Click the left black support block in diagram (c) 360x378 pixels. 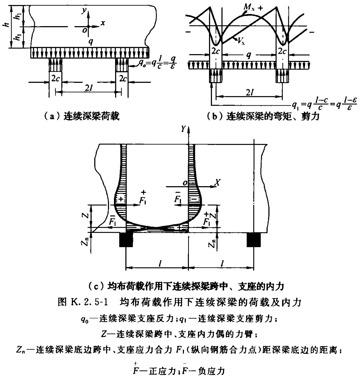click(126, 240)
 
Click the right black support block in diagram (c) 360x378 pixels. click(254, 240)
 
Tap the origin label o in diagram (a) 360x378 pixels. click(84, 30)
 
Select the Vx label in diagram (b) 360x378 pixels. click(241, 41)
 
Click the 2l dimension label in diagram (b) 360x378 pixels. click(249, 92)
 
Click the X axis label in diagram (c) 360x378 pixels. click(218, 183)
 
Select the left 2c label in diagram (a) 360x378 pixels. click(56, 79)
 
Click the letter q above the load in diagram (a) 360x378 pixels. click(90, 42)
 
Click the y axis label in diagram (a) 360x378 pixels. click(84, 11)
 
